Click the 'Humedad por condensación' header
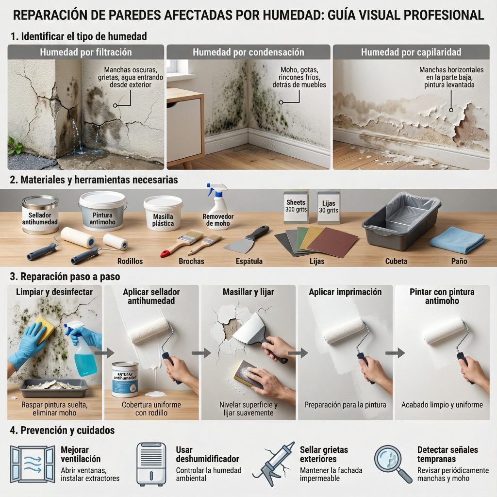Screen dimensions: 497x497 [x=248, y=52]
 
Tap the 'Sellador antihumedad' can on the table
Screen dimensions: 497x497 [x=40, y=215]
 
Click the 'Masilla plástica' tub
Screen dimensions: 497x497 [x=163, y=213]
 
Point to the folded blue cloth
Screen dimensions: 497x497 [x=457, y=242]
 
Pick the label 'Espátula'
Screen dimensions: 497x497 [x=249, y=261]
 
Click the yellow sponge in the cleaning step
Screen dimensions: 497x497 [x=45, y=330]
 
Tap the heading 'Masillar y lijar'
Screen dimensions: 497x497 [x=248, y=292]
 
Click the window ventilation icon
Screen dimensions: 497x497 [x=33, y=464]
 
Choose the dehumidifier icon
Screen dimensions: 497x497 [x=151, y=464]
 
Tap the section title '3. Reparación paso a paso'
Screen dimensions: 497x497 [x=65, y=276]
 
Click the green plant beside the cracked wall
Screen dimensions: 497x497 [x=15, y=146]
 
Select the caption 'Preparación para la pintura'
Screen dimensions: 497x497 [x=345, y=405]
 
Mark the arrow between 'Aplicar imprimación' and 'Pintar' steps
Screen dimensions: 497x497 [x=395, y=352]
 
